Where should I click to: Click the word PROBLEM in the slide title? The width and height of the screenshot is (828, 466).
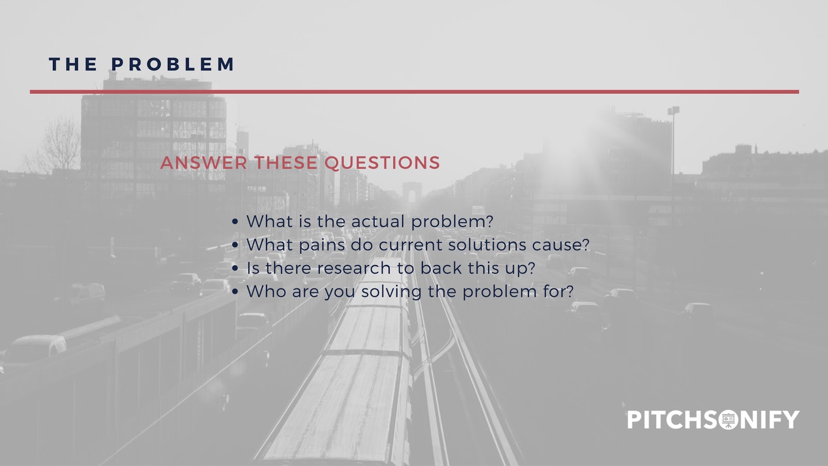tap(173, 64)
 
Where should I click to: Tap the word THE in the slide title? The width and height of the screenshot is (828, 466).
tap(73, 64)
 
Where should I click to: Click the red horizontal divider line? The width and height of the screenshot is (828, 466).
tap(415, 92)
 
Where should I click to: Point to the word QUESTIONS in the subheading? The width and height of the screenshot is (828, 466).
tap(382, 163)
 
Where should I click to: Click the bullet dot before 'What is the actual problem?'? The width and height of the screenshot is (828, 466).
tap(235, 222)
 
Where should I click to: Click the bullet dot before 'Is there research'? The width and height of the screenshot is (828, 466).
tap(235, 269)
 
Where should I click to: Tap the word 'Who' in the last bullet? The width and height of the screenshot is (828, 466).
tap(266, 292)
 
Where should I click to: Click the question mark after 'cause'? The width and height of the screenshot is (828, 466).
tap(585, 244)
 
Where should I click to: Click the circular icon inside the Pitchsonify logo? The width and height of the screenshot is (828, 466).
tap(728, 419)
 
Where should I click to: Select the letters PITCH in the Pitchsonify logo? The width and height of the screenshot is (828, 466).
tap(664, 419)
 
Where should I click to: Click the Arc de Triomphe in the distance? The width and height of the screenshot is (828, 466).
tap(412, 192)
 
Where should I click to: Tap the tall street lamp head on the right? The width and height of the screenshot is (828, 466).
tap(673, 110)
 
